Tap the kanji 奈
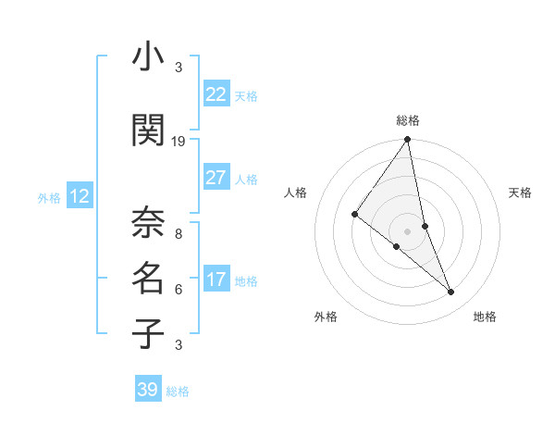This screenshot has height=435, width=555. click(148, 222)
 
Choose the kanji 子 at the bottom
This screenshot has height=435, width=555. click(148, 332)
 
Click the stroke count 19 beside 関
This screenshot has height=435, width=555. click(179, 141)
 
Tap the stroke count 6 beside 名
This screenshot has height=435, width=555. click(179, 289)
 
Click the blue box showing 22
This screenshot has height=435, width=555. click(216, 94)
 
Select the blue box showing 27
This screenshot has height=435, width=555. click(216, 178)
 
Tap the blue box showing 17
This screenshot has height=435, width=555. click(216, 280)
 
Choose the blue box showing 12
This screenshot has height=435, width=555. click(79, 196)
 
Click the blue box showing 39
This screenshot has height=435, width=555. click(147, 390)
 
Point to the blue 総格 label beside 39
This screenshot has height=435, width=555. click(178, 391)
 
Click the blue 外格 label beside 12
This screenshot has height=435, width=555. click(49, 197)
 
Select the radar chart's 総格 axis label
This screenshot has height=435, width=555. click(408, 120)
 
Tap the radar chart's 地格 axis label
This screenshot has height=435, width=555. click(485, 317)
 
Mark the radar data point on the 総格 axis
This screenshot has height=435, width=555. click(408, 141)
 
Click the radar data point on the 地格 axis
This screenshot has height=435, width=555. click(451, 292)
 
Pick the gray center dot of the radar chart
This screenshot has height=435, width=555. click(408, 230)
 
